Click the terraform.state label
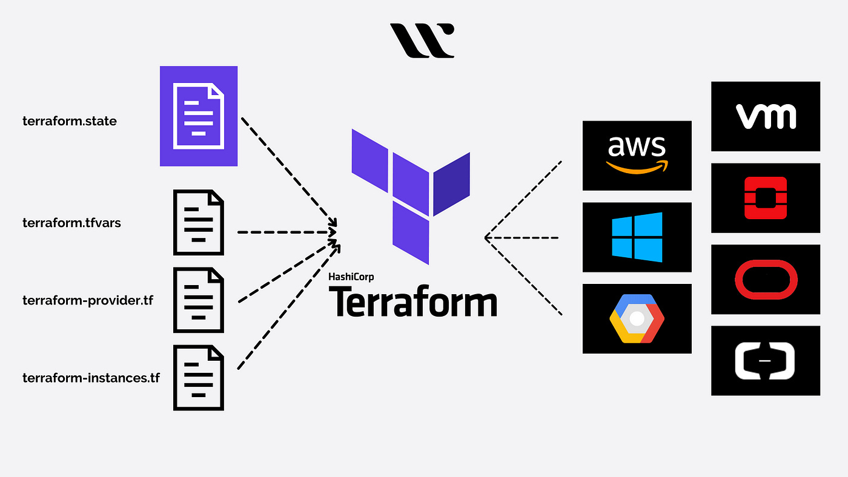click(x=70, y=121)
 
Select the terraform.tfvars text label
click(x=71, y=223)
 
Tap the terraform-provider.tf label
click(x=88, y=300)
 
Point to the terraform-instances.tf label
click(x=91, y=378)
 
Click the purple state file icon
click(x=199, y=116)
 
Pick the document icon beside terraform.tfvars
click(x=199, y=223)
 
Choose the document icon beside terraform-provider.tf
click(x=199, y=300)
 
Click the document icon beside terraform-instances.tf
click(x=199, y=378)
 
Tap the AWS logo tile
click(x=637, y=156)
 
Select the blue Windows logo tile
click(x=637, y=237)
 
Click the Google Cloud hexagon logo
click(x=637, y=318)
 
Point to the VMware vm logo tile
click(x=766, y=116)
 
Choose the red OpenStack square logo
click(x=766, y=198)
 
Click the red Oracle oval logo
click(x=766, y=280)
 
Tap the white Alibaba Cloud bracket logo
click(x=766, y=361)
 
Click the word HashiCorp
click(x=351, y=277)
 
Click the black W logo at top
click(x=422, y=41)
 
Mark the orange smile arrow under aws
click(x=636, y=168)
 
